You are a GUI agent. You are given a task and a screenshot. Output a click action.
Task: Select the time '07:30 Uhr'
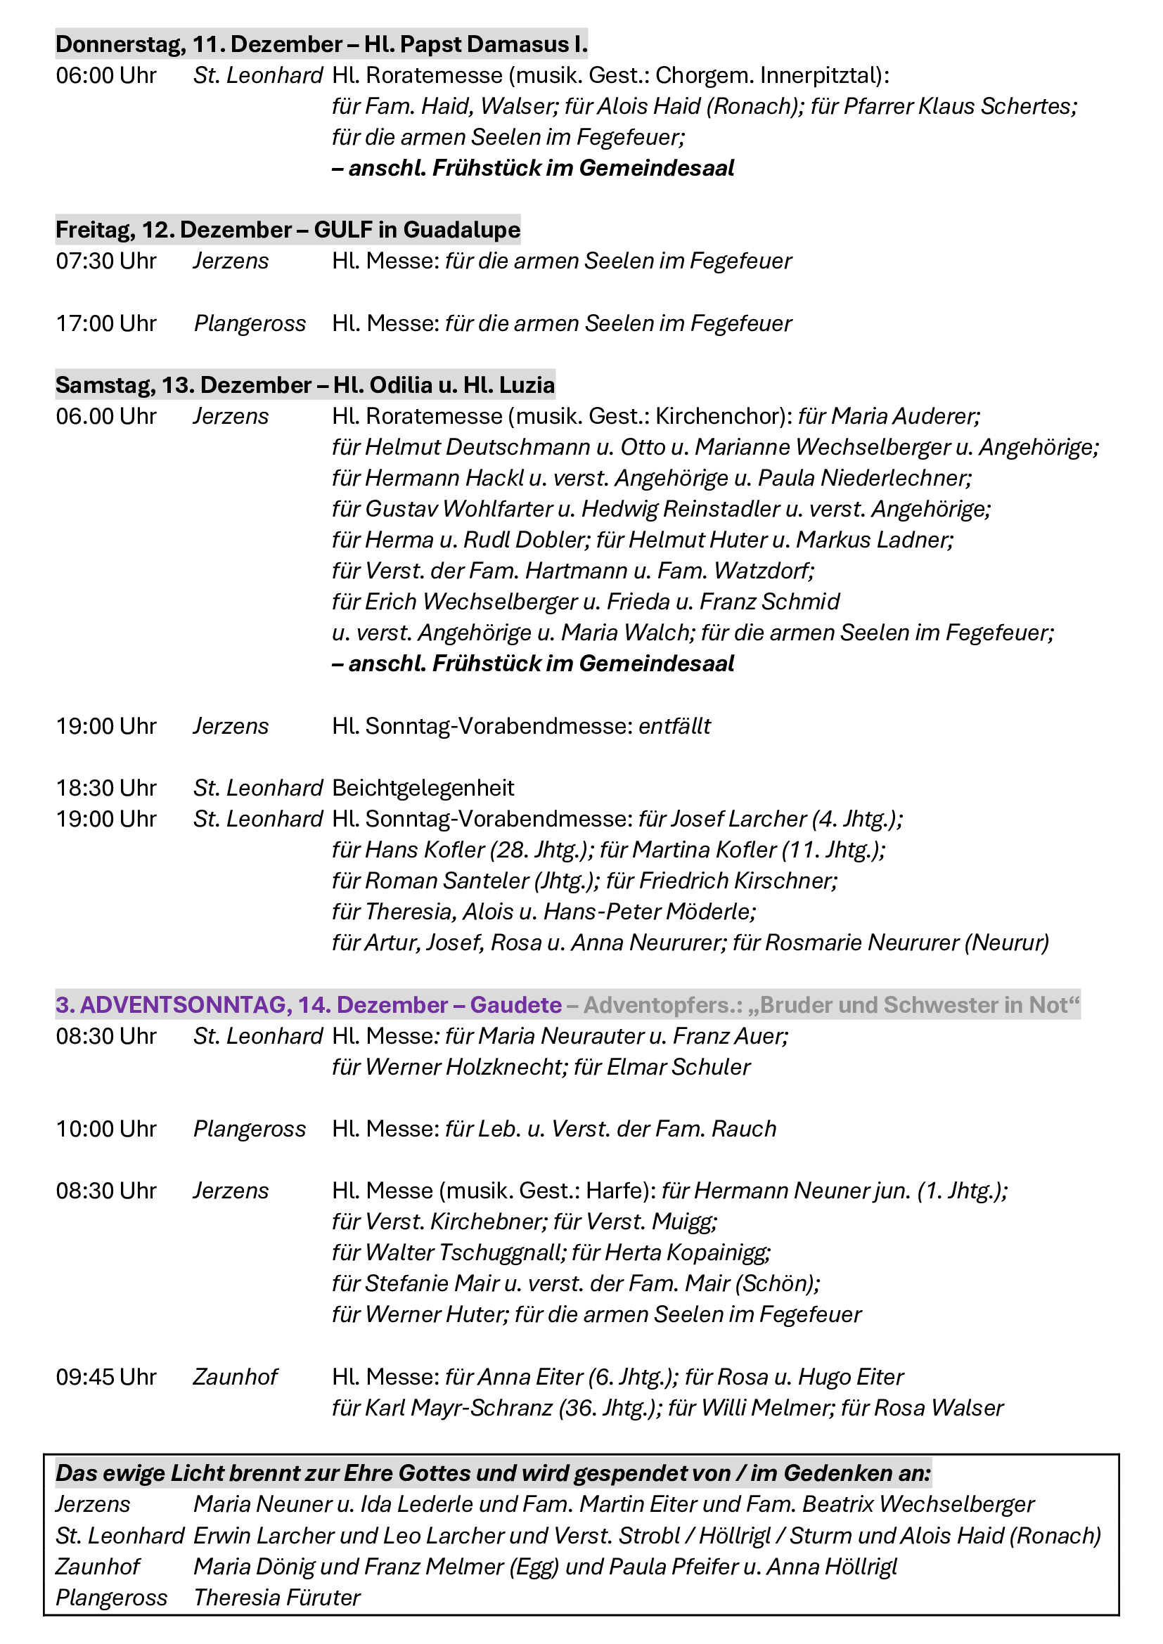click(106, 261)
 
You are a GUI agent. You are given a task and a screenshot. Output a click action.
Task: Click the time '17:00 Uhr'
click(106, 323)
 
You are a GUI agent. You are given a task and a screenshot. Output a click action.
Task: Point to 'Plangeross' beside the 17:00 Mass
click(249, 323)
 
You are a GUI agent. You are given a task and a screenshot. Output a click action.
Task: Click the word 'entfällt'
click(674, 726)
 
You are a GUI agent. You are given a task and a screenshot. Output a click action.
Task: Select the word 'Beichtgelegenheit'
click(423, 789)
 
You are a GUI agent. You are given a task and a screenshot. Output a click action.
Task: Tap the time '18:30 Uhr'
click(106, 789)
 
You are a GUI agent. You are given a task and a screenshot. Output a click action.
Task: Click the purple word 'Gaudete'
click(515, 1005)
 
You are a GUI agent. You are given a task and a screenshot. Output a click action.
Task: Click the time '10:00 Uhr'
click(106, 1130)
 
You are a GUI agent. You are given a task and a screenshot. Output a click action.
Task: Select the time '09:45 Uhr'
click(106, 1377)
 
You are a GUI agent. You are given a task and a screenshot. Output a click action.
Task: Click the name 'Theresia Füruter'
click(276, 1598)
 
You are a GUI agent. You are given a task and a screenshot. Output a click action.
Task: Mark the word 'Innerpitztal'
click(821, 75)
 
